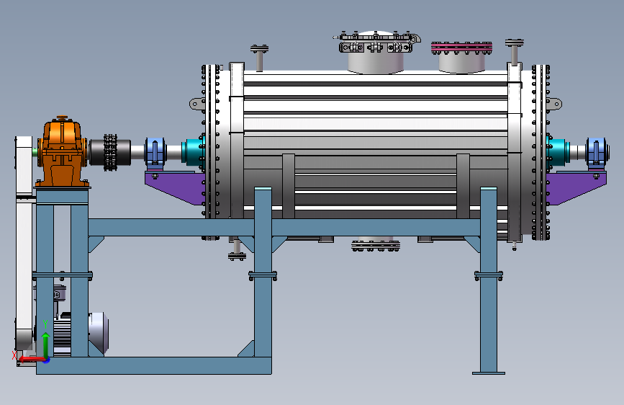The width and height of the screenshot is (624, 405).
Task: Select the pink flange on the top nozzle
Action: pos(461,48)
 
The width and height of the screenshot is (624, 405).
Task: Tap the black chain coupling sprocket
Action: pos(111,152)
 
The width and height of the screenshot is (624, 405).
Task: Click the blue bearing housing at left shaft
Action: pos(155,152)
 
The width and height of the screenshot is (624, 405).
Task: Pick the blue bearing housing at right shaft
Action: pos(596,152)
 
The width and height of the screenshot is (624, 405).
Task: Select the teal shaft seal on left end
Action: pos(194,151)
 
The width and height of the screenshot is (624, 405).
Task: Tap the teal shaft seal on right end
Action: pos(558,151)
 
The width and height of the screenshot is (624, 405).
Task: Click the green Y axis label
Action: pos(45,324)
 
